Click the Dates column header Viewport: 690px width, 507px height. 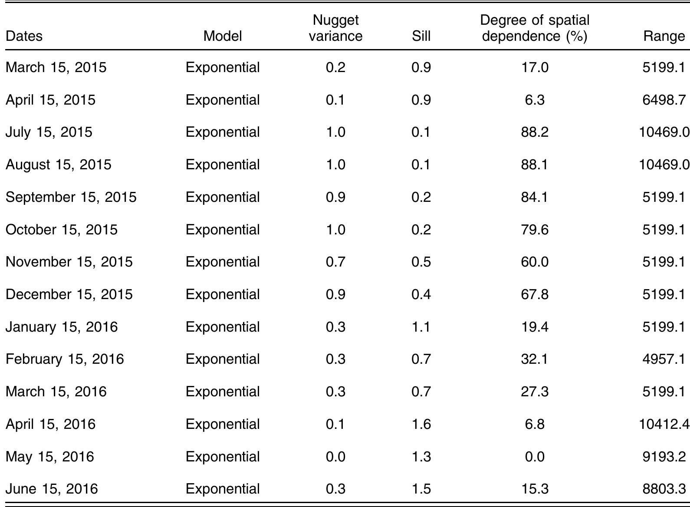click(x=24, y=36)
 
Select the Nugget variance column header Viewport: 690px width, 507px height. click(x=335, y=28)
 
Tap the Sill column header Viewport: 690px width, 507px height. click(x=421, y=36)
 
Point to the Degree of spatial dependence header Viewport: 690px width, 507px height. click(x=535, y=28)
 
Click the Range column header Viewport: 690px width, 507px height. click(x=664, y=36)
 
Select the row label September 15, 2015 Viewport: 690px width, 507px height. click(x=71, y=197)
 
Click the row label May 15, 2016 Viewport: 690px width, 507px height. click(x=49, y=457)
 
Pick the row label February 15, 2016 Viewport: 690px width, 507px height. click(x=65, y=359)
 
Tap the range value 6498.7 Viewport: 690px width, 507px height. click(x=664, y=100)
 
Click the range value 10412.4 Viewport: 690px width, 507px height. click(x=664, y=424)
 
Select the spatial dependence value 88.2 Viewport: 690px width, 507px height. click(x=535, y=132)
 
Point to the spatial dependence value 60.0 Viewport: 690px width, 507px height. click(x=535, y=262)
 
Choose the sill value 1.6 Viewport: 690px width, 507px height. click(x=421, y=424)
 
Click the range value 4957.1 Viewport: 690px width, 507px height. click(x=664, y=359)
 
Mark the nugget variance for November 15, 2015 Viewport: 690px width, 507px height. click(x=335, y=262)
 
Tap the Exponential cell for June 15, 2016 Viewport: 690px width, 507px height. click(x=223, y=489)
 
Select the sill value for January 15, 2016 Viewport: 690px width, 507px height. click(x=421, y=327)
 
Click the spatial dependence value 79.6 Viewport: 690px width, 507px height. click(x=535, y=230)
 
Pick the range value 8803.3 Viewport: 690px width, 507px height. click(x=664, y=489)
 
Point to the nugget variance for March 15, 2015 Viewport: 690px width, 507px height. click(x=335, y=67)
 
